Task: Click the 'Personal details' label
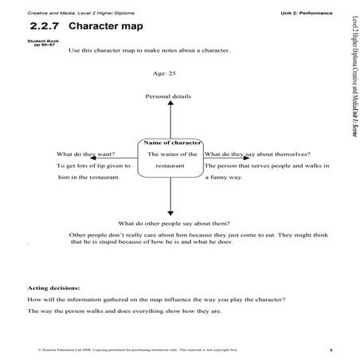click(x=168, y=96)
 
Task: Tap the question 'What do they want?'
click(x=84, y=153)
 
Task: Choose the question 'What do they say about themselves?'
click(x=257, y=153)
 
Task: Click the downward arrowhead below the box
click(x=170, y=212)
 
